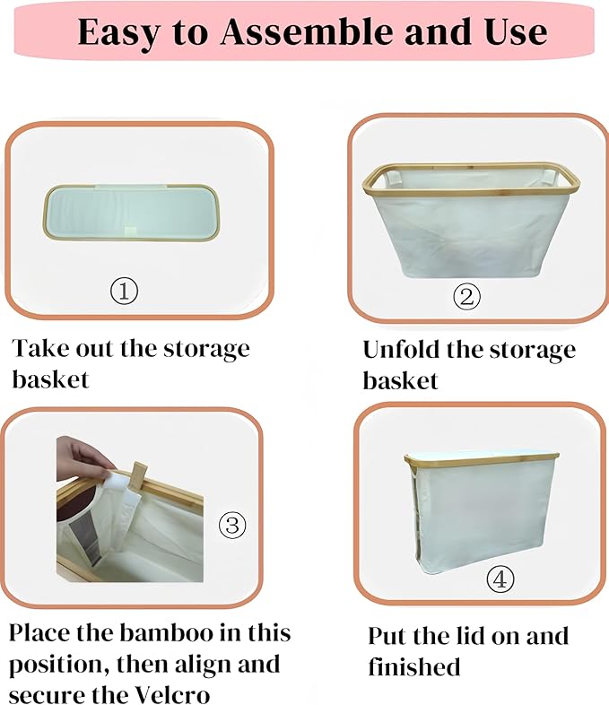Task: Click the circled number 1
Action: click(x=125, y=292)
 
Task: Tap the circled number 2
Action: click(x=465, y=296)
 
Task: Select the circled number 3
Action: click(x=232, y=525)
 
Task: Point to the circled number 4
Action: click(x=500, y=579)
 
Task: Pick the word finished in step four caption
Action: click(x=414, y=667)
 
